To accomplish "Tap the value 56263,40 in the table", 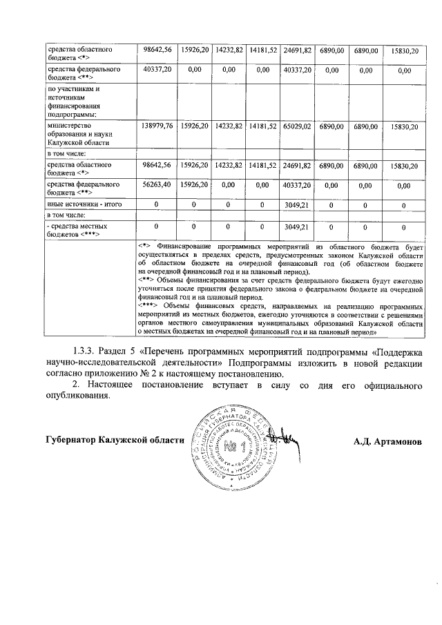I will point(156,185).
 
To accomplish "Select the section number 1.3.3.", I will point(84,352).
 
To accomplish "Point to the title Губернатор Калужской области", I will point(115,440).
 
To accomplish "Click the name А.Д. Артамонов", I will point(386,441).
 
